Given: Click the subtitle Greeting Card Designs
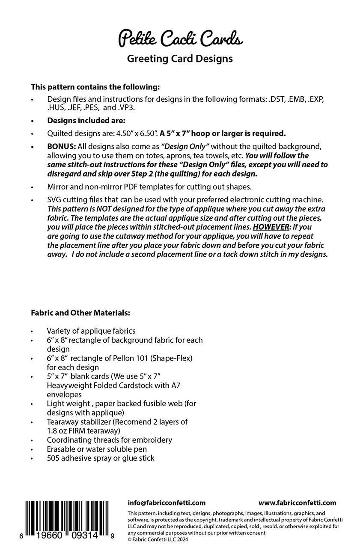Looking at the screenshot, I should [x=180, y=59].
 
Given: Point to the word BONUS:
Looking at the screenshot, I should [x=61, y=146].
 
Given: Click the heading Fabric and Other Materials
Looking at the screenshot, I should [x=80, y=313].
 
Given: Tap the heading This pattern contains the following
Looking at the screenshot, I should [x=95, y=87].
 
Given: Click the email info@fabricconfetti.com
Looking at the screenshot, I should [x=167, y=503].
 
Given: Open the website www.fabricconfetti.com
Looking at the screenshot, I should [x=298, y=503].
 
